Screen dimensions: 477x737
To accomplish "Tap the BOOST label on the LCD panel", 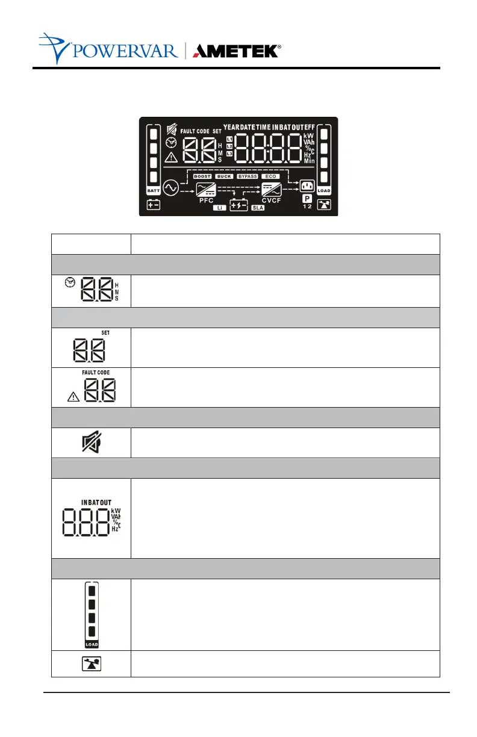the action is (x=202, y=176).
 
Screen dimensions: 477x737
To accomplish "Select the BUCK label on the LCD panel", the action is (x=225, y=176).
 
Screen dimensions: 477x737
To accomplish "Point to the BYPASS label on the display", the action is (x=247, y=176).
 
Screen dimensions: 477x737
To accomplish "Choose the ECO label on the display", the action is (x=270, y=176).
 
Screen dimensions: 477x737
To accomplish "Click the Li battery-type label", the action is (x=220, y=207).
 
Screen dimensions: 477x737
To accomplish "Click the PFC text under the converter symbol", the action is (x=207, y=201).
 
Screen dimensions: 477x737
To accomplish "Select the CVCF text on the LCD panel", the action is (x=270, y=201).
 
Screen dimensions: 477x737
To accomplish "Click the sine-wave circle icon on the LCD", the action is (x=170, y=188).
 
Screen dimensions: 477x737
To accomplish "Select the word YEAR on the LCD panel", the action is (x=231, y=128).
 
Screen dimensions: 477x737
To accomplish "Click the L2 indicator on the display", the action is (x=229, y=146).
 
